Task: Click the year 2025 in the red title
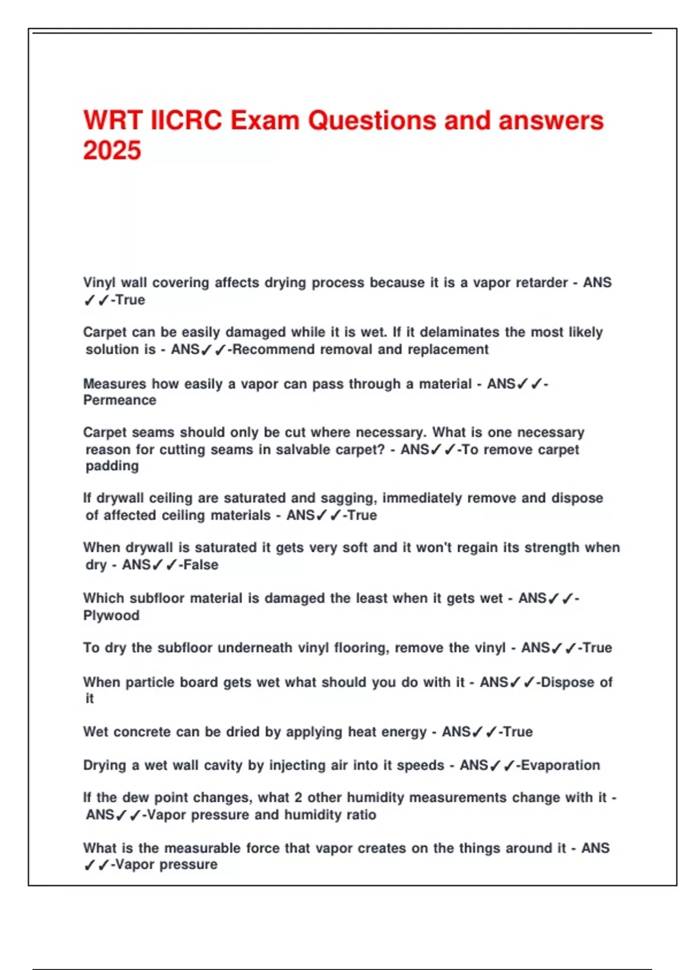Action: [112, 151]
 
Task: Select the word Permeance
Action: [120, 400]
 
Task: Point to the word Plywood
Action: [111, 615]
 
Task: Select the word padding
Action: [112, 466]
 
